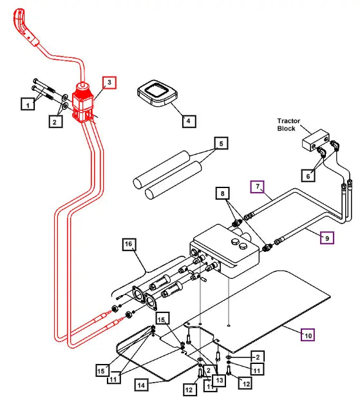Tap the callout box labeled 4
click(188, 120)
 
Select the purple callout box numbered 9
click(327, 238)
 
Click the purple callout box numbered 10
click(308, 334)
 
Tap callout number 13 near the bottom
click(219, 380)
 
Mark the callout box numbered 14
click(142, 385)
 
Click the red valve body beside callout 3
click(84, 103)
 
